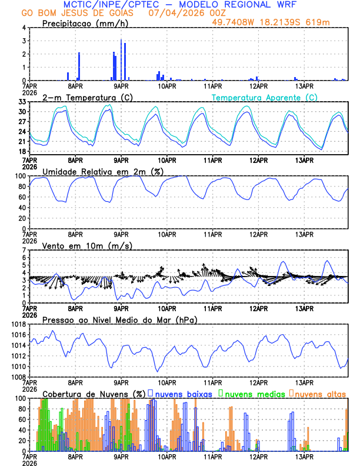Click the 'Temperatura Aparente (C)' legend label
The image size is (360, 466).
tap(265, 97)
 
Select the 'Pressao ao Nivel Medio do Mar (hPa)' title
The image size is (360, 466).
tap(120, 319)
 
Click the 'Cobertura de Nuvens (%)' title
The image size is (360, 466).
tap(94, 394)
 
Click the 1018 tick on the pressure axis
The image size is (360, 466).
tap(18, 325)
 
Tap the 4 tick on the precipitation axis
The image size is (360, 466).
tap(24, 28)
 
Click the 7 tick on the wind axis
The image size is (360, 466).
tap(24, 251)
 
